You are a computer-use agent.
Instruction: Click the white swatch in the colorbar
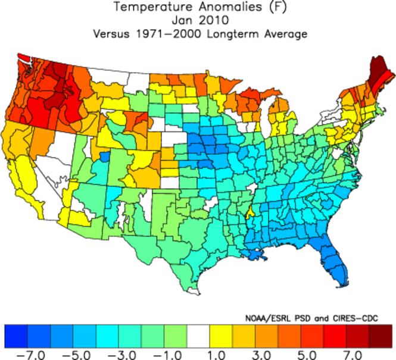tap(199, 336)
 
